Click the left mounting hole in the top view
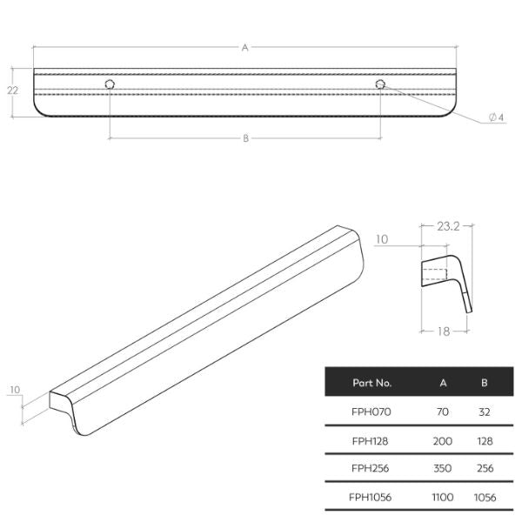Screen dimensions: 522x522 (110, 84)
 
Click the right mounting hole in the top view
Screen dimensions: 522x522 (380, 84)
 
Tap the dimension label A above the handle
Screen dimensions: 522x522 (244, 49)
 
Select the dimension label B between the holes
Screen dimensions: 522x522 (244, 138)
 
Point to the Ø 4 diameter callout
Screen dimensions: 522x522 (496, 117)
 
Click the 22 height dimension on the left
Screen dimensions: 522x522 (11, 90)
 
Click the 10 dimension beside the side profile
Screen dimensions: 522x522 (383, 238)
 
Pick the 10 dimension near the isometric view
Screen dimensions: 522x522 (15, 391)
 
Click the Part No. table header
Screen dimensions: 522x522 (372, 382)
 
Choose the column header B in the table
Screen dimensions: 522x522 (485, 382)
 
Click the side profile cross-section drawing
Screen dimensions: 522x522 (448, 278)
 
